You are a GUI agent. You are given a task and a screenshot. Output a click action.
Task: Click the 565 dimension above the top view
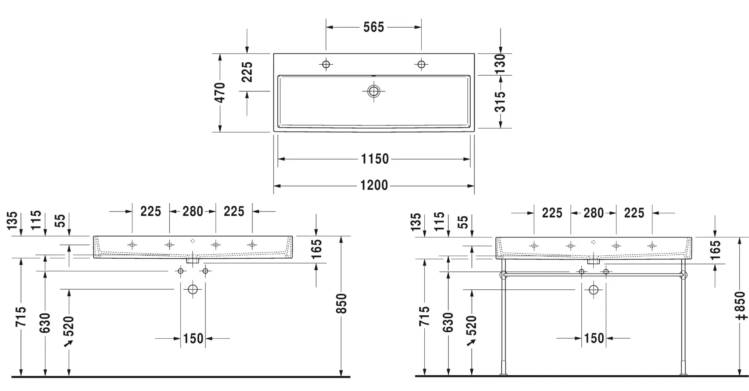[374, 27]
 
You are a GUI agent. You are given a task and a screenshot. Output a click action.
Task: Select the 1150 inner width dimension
[375, 159]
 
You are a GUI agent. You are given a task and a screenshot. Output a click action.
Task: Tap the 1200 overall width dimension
[374, 186]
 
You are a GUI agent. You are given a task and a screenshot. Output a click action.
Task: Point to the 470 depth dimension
[220, 93]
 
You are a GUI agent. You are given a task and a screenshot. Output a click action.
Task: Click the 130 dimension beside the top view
[500, 64]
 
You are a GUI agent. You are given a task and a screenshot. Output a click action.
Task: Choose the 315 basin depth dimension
[500, 102]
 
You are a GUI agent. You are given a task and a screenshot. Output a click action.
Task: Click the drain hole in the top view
[374, 91]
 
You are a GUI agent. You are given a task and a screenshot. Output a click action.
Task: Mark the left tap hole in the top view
[326, 64]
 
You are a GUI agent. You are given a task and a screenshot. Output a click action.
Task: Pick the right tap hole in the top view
[421, 64]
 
